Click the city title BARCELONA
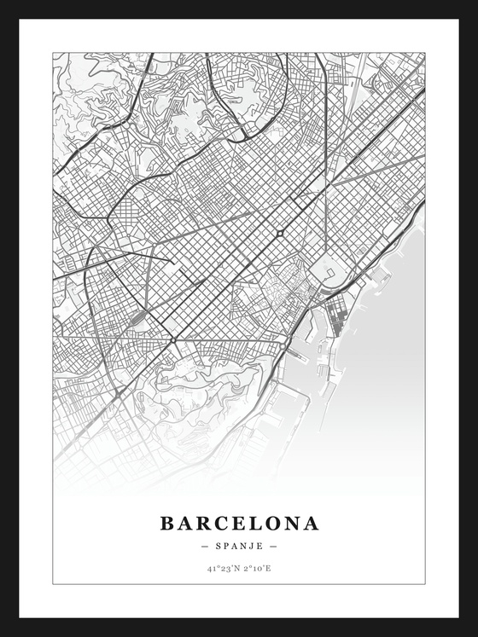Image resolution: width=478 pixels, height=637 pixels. pyautogui.click(x=239, y=523)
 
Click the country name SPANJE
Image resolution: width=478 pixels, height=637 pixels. pyautogui.click(x=239, y=546)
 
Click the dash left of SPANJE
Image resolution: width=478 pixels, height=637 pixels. pyautogui.click(x=204, y=546)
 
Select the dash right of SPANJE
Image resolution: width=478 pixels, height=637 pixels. pyautogui.click(x=273, y=546)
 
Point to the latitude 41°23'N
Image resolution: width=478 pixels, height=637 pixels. pyautogui.click(x=224, y=568)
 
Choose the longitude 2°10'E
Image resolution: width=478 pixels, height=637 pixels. pyautogui.click(x=255, y=568)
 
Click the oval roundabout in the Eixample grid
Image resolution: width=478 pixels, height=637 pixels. pyautogui.click(x=279, y=233)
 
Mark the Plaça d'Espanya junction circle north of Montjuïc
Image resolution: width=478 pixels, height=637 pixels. pyautogui.click(x=173, y=339)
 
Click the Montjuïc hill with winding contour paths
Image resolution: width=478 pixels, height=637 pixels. pyautogui.click(x=205, y=392)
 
